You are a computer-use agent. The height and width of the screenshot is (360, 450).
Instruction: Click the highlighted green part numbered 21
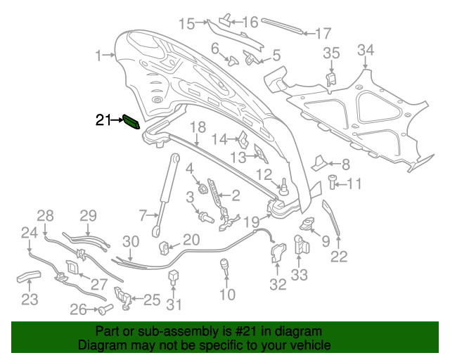[x=131, y=121]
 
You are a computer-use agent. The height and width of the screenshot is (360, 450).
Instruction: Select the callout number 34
[x=366, y=50]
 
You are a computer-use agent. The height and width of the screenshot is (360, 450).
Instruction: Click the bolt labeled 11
[x=335, y=184]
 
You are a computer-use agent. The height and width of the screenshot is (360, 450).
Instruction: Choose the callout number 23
[x=29, y=300]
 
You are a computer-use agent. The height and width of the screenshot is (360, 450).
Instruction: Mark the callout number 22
[x=339, y=257]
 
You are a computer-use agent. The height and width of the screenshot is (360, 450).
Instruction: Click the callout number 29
[x=87, y=215]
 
